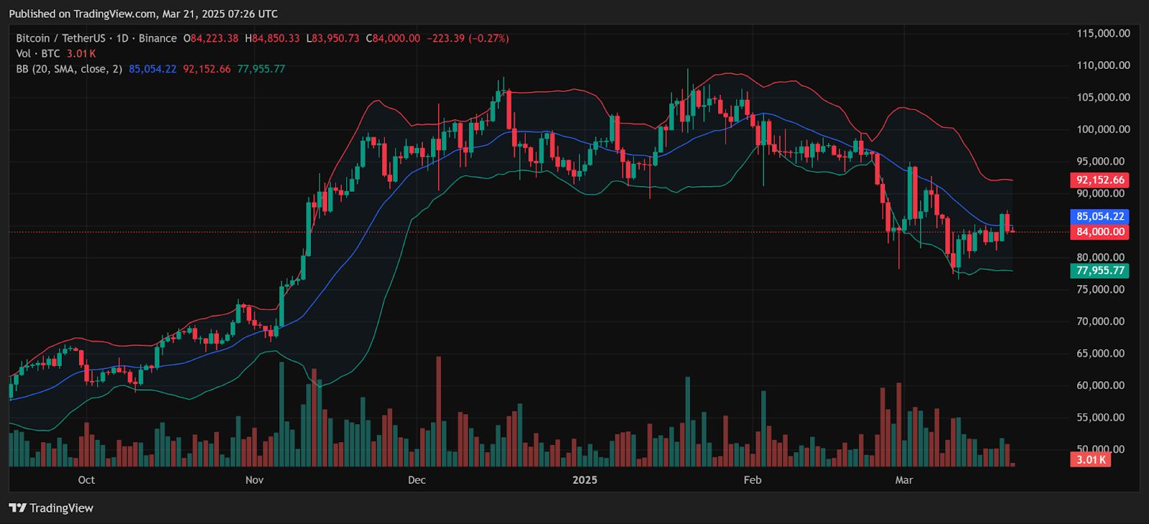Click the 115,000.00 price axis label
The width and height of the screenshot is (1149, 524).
pos(1102,33)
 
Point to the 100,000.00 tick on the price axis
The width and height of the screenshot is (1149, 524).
pos(1102,129)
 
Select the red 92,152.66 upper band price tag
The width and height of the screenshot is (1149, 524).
pos(1099,180)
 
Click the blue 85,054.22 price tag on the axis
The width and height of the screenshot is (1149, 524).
pos(1099,216)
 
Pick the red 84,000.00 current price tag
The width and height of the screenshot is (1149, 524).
pos(1099,232)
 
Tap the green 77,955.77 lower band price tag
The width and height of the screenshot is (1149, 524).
pos(1099,271)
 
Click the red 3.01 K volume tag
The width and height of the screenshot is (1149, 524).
pos(1091,459)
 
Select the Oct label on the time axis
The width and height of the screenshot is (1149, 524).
pos(86,479)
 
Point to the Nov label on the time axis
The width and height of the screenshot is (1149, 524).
pos(254,479)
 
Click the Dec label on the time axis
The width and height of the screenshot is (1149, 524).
pos(417,479)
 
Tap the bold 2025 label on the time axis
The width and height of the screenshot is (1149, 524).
pos(585,479)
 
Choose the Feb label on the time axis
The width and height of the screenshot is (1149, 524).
pos(752,479)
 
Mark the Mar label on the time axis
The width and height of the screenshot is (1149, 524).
pos(904,479)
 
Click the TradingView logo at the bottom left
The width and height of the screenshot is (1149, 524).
pos(52,508)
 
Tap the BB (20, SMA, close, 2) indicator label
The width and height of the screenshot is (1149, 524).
pos(69,69)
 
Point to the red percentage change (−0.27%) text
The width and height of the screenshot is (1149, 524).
pos(488,38)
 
